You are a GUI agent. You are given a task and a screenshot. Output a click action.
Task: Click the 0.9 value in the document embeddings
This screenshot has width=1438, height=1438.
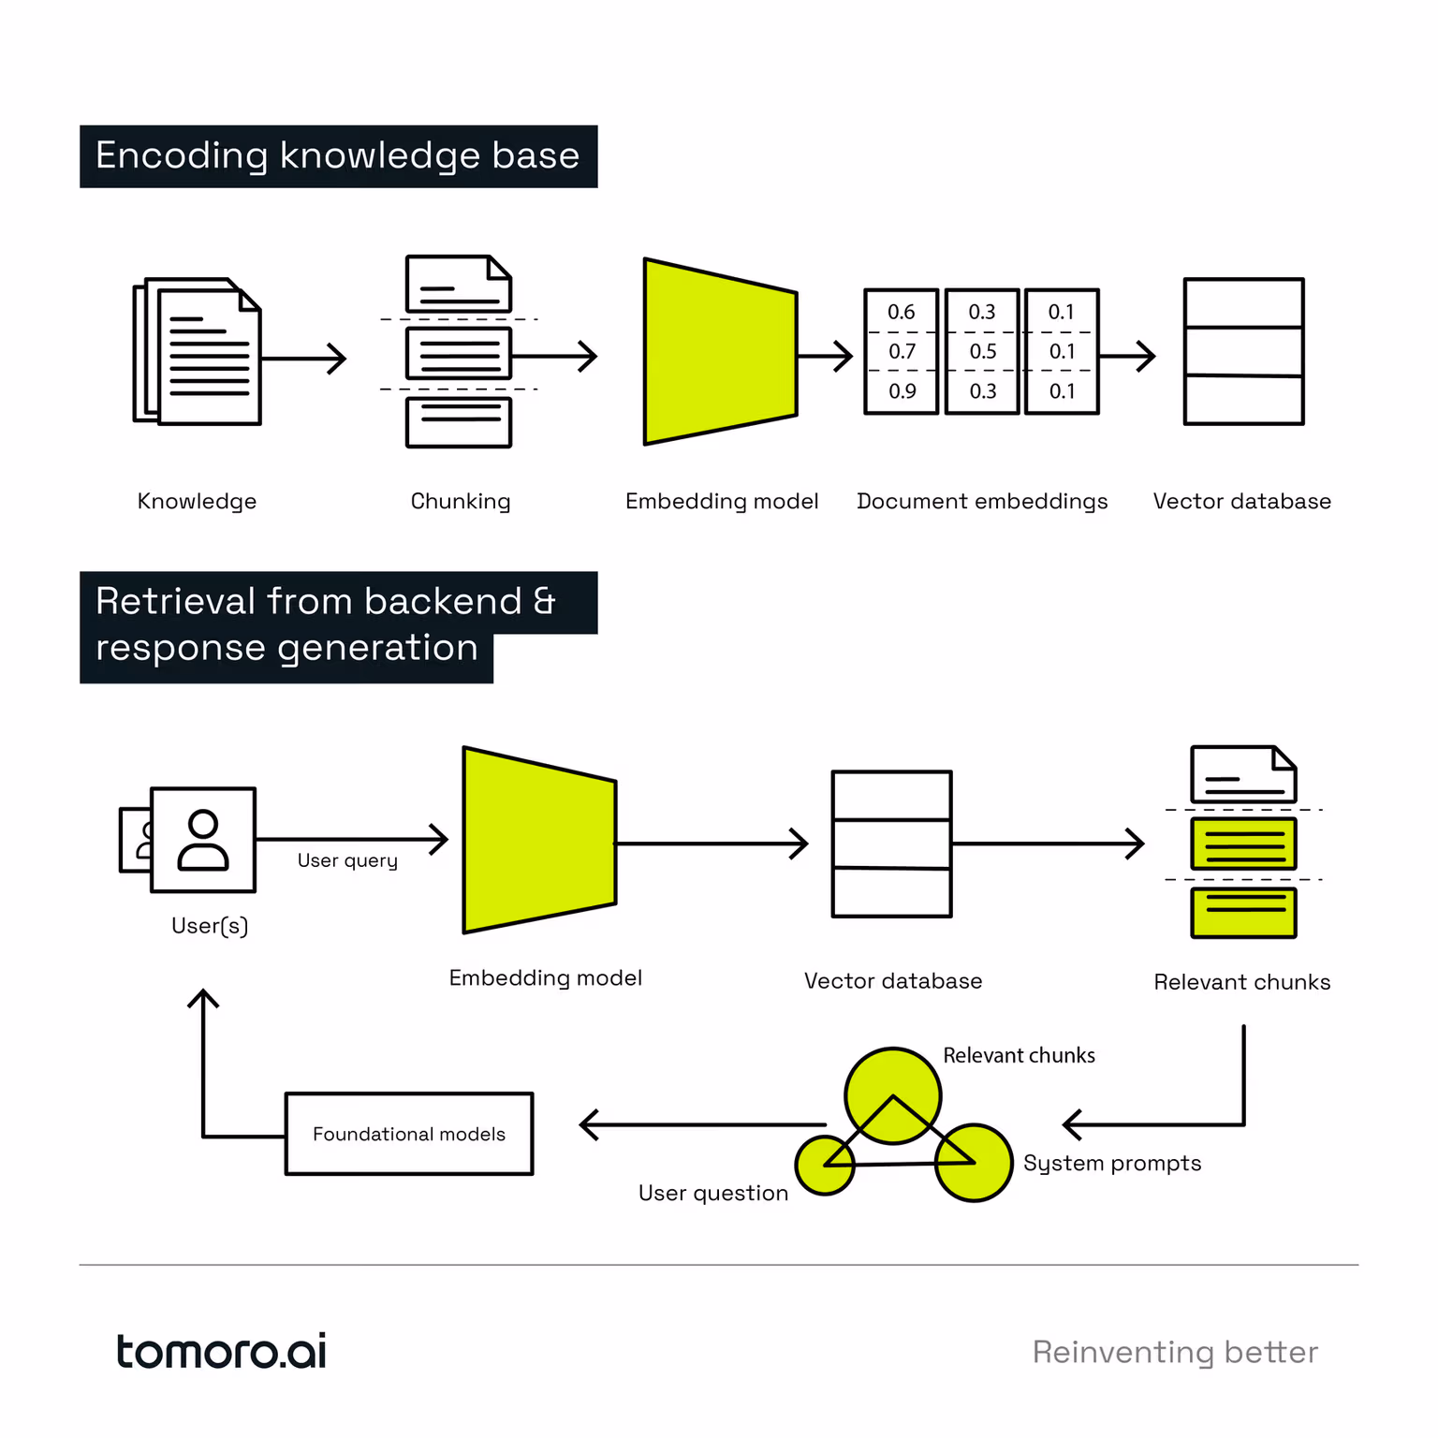902,391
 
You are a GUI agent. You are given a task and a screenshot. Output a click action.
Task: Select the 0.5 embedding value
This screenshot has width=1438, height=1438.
982,352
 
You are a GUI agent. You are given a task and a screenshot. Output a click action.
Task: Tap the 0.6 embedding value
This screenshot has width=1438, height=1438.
901,313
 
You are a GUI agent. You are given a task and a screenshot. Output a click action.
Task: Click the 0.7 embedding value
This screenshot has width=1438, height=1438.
902,352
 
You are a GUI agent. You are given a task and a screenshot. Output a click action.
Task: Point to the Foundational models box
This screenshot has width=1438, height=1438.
409,1134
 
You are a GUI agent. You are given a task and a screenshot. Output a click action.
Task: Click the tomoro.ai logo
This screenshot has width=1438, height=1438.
221,1352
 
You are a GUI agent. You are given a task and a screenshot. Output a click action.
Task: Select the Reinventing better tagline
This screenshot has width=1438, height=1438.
1175,1353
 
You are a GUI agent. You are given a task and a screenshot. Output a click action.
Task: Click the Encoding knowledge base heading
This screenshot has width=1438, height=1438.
338,156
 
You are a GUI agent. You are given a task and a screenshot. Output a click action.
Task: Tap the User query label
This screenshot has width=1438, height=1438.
347,860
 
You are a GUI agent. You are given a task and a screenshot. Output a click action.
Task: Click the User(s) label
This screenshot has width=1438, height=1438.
210,926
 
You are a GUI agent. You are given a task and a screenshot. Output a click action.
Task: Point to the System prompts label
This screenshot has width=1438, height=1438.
1112,1164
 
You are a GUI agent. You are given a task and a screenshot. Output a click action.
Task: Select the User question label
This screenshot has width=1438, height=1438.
713,1194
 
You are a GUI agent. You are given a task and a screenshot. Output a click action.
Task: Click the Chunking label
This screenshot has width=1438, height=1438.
461,502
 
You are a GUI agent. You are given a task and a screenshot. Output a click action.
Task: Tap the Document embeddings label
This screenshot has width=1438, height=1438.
982,502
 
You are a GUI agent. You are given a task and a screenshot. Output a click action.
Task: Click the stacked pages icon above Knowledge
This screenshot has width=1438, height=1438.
198,352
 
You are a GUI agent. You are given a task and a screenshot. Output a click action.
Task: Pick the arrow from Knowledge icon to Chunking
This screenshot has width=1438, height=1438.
304,358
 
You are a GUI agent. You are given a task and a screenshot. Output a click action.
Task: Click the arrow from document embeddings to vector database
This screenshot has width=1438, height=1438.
1128,356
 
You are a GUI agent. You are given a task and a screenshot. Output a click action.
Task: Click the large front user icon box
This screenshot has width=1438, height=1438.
203,840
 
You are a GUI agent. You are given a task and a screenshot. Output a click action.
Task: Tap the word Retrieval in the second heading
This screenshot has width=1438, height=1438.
176,602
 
